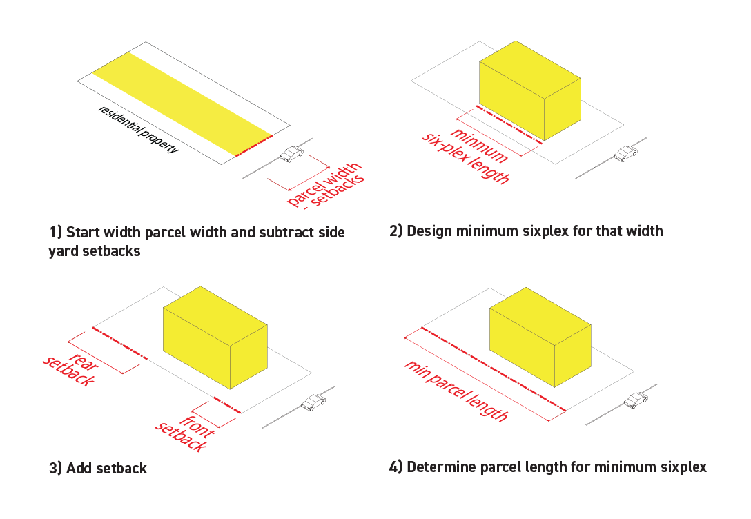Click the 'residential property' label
pyautogui.click(x=138, y=129)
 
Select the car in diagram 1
pyautogui.click(x=292, y=154)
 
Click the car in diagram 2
pyautogui.click(x=625, y=153)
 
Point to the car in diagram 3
pyautogui.click(x=313, y=402)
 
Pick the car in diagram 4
pyautogui.click(x=636, y=399)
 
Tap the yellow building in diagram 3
pyautogui.click(x=215, y=338)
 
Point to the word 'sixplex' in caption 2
pyautogui.click(x=545, y=231)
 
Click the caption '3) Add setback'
pyautogui.click(x=98, y=469)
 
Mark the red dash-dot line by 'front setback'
pyautogui.click(x=227, y=405)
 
